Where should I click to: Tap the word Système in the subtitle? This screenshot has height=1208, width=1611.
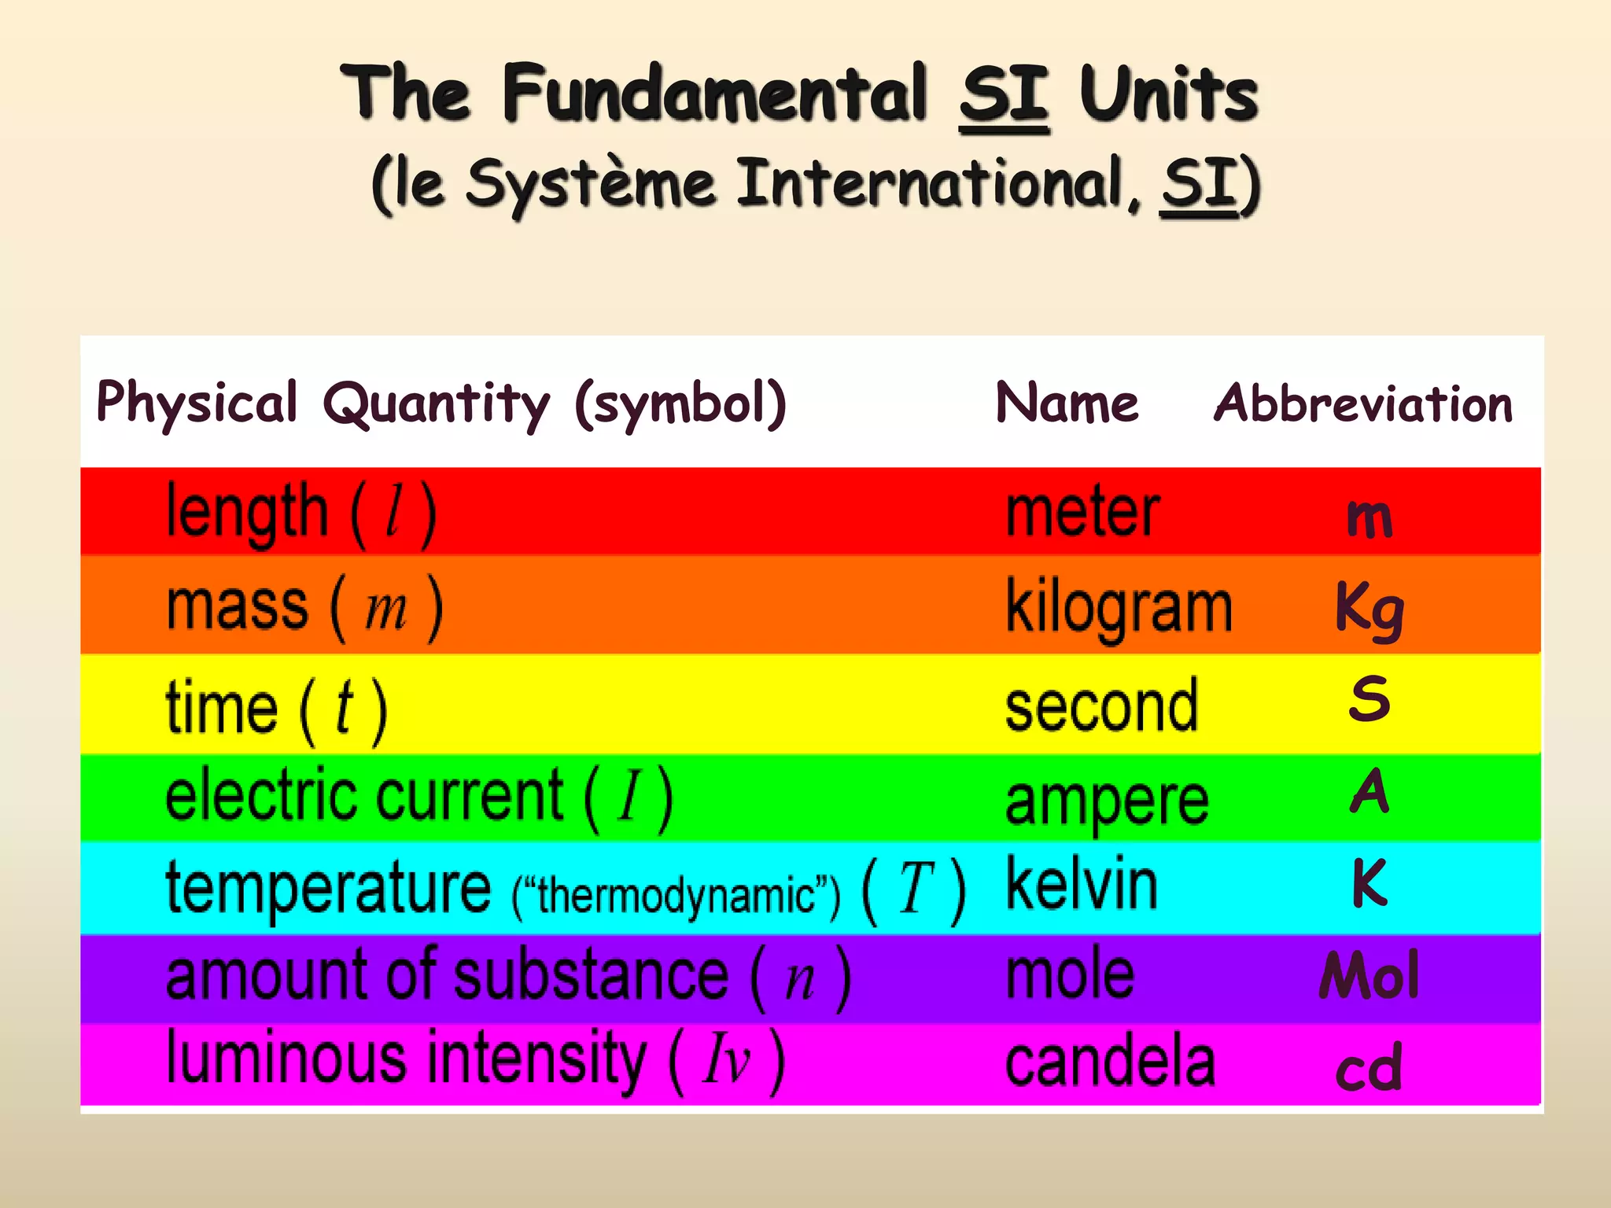(590, 186)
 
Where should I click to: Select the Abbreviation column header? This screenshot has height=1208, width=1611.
(1362, 404)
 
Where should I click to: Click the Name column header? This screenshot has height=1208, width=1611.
(1067, 403)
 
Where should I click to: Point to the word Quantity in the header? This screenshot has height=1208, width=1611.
(437, 404)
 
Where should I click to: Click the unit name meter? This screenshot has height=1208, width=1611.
(1082, 513)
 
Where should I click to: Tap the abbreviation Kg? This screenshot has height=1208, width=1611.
(1370, 610)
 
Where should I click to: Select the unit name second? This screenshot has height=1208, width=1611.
(1101, 706)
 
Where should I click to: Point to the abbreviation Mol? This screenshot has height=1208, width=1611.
(1370, 975)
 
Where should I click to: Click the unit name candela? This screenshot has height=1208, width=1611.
(1110, 1063)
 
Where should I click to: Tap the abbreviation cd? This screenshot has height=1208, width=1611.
(1369, 1068)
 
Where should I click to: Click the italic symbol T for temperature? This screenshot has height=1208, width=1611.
(916, 889)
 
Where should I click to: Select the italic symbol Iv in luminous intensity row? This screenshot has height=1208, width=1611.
(727, 1059)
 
